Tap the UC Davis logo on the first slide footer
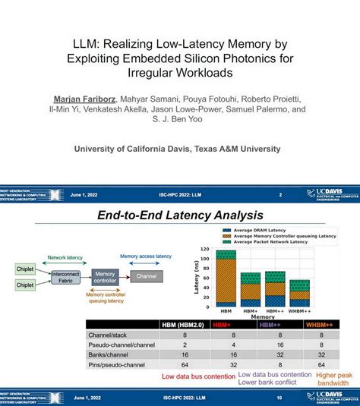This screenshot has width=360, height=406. (328, 195)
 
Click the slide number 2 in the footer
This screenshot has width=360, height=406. (280, 195)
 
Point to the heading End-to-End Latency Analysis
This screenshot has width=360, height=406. (180, 216)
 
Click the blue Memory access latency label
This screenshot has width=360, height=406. (145, 257)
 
